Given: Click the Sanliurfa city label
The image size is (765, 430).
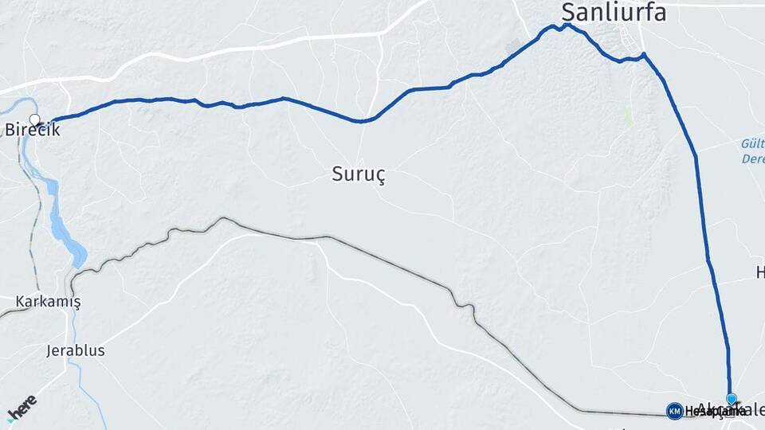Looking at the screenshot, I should [614, 12].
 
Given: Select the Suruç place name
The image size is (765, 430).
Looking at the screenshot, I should [359, 175].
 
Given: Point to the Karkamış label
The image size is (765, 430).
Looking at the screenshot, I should [48, 302].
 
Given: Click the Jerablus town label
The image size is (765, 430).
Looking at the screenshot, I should [76, 350].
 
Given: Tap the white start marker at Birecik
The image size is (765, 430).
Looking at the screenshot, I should [34, 121].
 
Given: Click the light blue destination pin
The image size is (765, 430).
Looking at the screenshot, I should [731, 399].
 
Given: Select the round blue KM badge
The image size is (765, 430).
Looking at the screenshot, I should [674, 411].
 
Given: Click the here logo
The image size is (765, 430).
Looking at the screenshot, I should [22, 408].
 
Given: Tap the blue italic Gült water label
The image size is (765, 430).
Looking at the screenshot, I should [752, 143].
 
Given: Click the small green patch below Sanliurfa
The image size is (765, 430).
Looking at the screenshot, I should [628, 117].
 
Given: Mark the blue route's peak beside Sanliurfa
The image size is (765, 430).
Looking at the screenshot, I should [567, 25].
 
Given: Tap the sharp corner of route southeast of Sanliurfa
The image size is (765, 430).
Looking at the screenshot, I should [644, 54].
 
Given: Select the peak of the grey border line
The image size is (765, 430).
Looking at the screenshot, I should [222, 218].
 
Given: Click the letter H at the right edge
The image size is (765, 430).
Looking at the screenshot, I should [759, 273].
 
